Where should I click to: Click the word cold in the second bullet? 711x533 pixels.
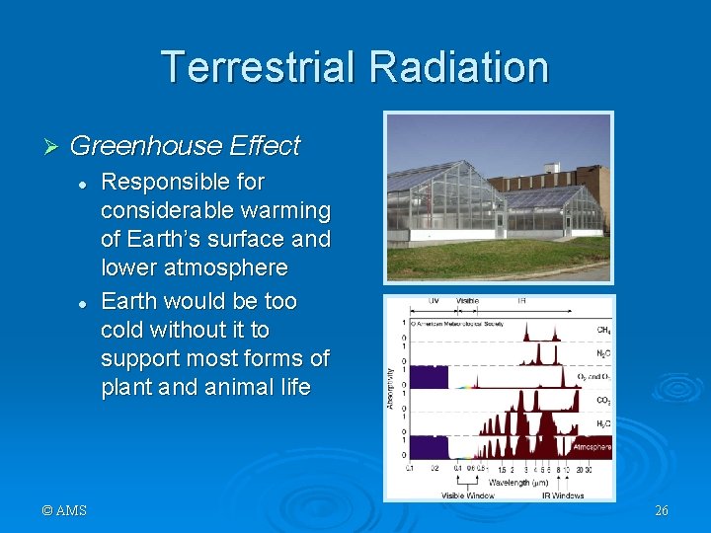pyautogui.click(x=120, y=330)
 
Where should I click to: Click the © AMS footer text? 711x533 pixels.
pyautogui.click(x=64, y=510)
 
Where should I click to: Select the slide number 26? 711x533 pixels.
pyautogui.click(x=661, y=510)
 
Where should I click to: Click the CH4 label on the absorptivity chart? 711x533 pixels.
pyautogui.click(x=601, y=330)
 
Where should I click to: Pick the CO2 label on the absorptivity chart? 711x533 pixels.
pyautogui.click(x=601, y=401)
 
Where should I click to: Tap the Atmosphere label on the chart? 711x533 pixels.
pyautogui.click(x=591, y=447)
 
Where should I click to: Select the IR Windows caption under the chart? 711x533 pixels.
pyautogui.click(x=560, y=495)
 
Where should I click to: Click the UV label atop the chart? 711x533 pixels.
pyautogui.click(x=432, y=300)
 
